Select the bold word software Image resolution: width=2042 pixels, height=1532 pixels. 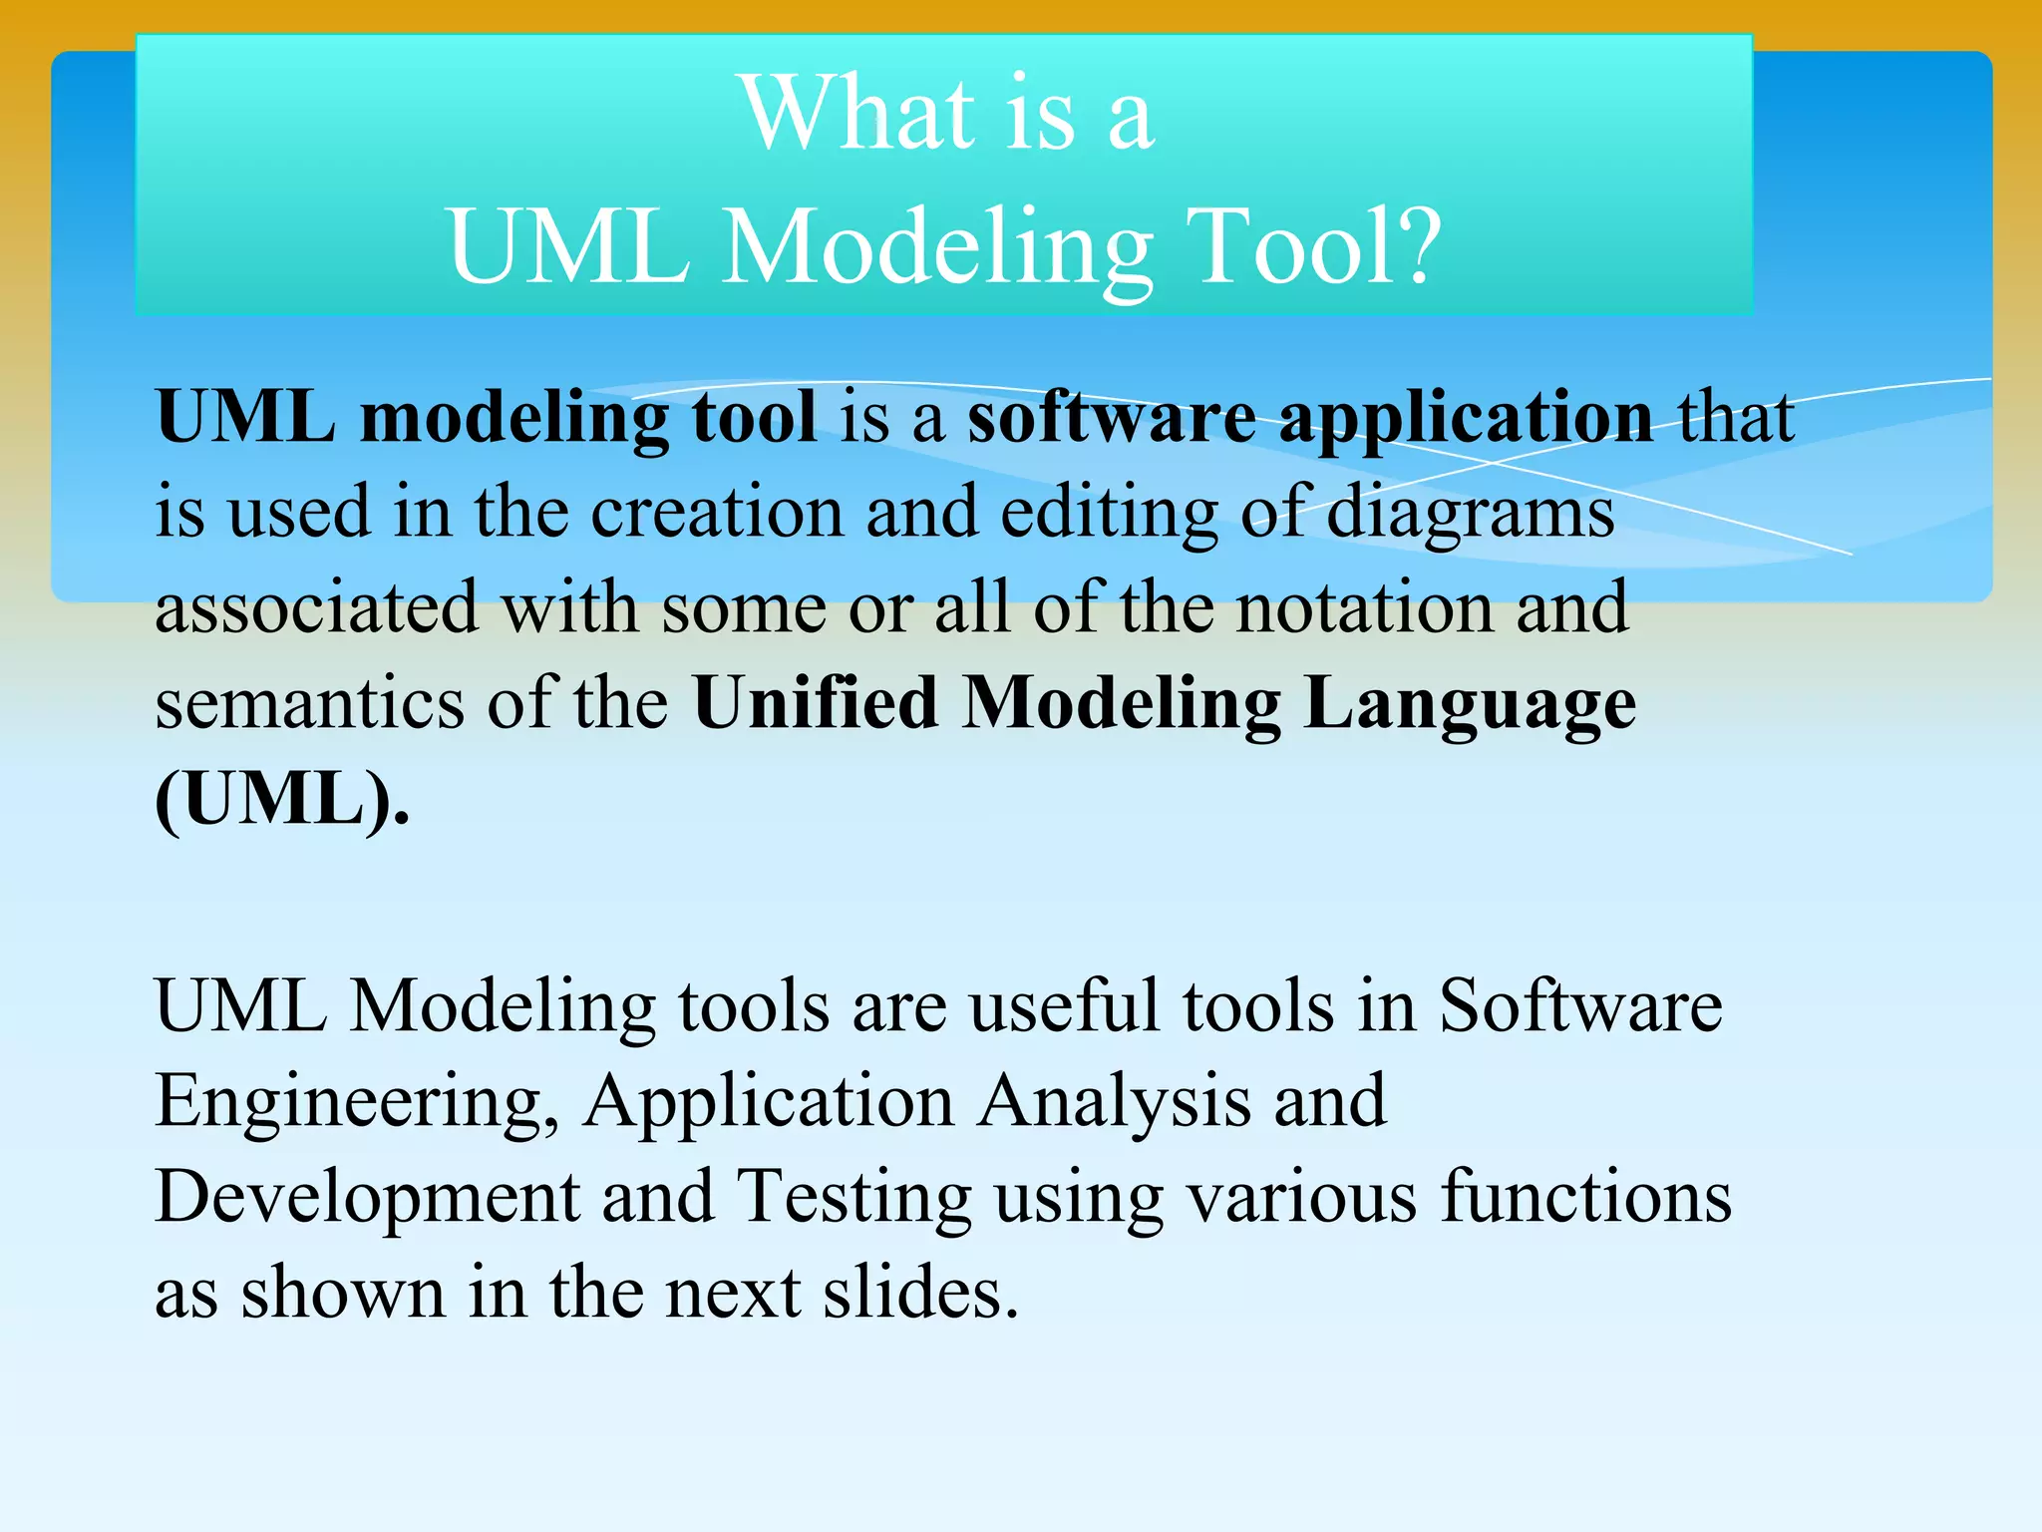pos(1112,417)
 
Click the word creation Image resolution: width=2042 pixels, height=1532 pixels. pos(717,513)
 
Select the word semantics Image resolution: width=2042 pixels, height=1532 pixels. pos(309,704)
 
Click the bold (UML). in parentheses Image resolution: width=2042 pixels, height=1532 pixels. pos(282,800)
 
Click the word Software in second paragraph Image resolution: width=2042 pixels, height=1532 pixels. pos(1580,1005)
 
